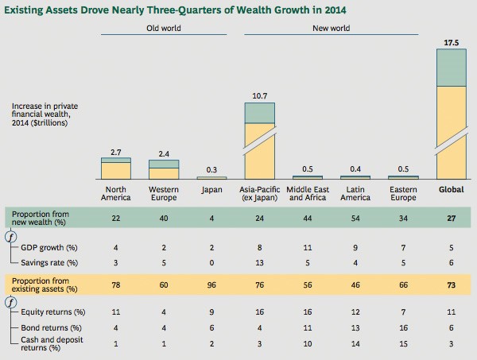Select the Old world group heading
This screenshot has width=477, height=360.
pos(163,28)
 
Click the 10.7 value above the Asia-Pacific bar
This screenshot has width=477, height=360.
pos(259,95)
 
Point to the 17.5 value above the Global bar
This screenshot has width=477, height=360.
pos(453,41)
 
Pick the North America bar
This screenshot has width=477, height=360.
pos(115,168)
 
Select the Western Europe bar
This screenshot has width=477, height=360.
pos(164,169)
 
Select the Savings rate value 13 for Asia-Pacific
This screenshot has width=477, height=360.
pos(259,262)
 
